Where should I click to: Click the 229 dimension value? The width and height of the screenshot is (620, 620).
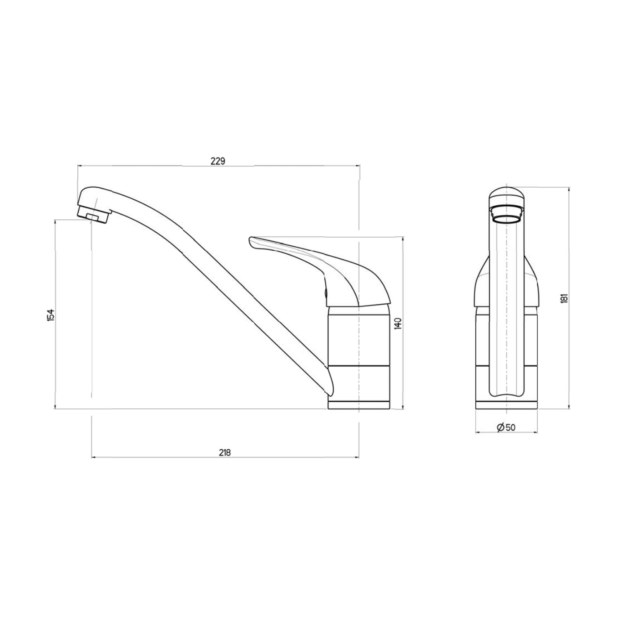(x=217, y=161)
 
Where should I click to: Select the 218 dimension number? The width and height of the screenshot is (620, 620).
(x=224, y=452)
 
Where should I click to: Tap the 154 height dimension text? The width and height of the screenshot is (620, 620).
(x=50, y=315)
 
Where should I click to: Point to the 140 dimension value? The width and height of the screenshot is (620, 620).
(x=398, y=323)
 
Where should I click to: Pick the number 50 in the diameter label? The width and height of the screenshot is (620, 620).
(x=510, y=427)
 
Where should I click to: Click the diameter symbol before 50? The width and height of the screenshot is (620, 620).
(x=501, y=427)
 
